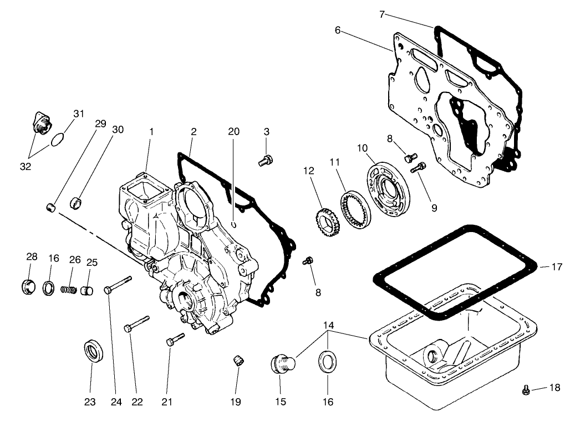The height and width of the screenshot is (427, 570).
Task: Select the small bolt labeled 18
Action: point(526,390)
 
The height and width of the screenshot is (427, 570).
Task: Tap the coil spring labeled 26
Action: point(68,289)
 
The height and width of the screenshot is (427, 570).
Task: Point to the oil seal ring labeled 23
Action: point(92,351)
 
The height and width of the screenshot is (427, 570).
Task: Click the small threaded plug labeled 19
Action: point(237,362)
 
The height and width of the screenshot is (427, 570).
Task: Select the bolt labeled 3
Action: point(264,161)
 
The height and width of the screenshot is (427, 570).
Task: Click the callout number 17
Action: point(557,267)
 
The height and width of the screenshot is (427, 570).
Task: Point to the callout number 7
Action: point(381,14)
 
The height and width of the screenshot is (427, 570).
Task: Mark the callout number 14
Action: point(328,325)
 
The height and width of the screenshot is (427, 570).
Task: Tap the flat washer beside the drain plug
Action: point(327,363)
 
